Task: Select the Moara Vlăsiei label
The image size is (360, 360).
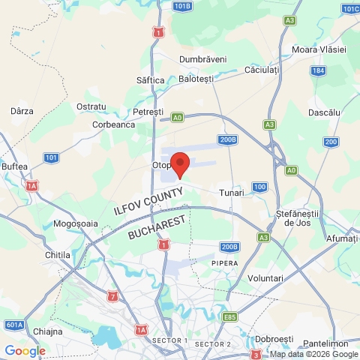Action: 319,49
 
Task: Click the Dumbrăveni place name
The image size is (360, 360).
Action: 203,58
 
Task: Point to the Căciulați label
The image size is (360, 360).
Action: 262,69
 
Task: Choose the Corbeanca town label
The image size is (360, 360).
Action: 113,125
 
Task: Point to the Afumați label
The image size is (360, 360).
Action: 343,238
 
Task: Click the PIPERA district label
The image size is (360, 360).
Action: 224,263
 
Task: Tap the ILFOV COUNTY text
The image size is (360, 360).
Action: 148,202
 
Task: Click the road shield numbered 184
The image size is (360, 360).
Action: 319,70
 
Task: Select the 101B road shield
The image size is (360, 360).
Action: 182,6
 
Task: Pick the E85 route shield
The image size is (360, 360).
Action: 229,317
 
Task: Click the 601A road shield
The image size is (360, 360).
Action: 14,325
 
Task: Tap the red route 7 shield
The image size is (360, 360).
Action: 112,297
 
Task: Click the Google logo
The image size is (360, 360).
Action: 25,350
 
